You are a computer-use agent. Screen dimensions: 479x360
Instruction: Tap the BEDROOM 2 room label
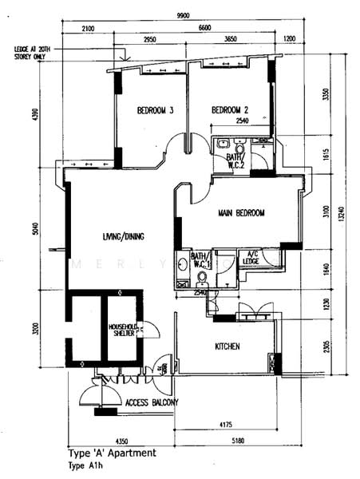coord(230,110)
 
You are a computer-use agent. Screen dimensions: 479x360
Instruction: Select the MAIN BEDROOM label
coord(241,213)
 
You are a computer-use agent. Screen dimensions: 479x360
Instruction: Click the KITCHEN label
coord(228,346)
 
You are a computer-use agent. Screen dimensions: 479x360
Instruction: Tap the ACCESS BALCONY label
coord(152,402)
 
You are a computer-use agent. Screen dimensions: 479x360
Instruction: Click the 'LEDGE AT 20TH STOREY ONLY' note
coord(34,53)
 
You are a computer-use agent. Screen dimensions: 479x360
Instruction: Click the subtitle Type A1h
coord(88,465)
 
